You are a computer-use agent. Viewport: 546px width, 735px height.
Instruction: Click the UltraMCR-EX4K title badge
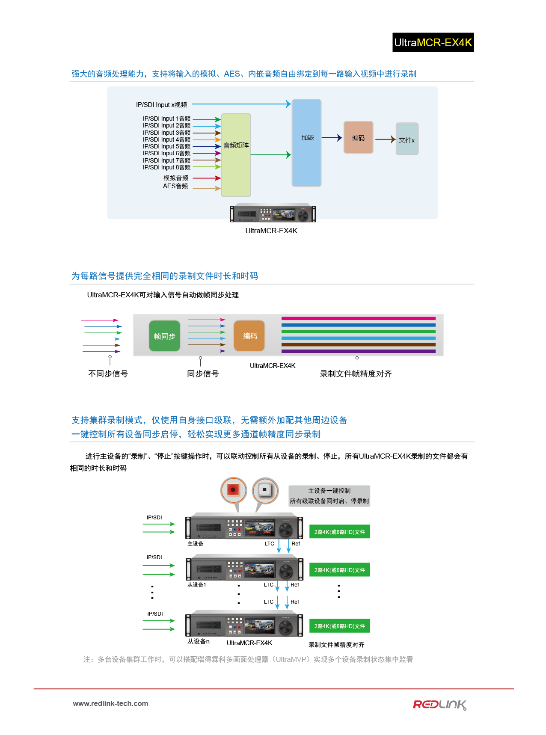[x=433, y=42]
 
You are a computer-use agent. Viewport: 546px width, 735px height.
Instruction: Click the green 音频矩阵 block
[x=236, y=155]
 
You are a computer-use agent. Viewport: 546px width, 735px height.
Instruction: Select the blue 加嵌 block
[x=306, y=143]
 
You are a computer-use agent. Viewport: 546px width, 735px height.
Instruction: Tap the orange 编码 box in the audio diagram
[x=358, y=137]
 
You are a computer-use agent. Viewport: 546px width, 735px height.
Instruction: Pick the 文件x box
[x=407, y=139]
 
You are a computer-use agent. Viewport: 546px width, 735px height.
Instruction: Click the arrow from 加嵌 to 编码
[x=332, y=138]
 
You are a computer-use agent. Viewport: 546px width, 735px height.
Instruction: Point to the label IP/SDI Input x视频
[x=161, y=105]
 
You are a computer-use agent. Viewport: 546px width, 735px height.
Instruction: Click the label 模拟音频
[x=175, y=178]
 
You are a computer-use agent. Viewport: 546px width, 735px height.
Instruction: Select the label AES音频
[x=175, y=186]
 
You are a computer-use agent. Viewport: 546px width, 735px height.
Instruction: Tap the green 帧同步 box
[x=165, y=336]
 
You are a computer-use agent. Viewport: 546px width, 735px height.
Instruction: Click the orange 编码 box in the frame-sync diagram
[x=249, y=336]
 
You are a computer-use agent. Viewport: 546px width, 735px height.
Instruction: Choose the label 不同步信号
[x=108, y=374]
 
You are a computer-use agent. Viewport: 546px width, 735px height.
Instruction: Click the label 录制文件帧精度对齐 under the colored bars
[x=356, y=374]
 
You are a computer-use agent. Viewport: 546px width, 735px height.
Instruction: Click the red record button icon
[x=233, y=490]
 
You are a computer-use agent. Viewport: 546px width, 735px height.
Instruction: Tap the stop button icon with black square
[x=265, y=490]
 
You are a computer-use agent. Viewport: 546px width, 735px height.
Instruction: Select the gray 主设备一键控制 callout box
[x=329, y=496]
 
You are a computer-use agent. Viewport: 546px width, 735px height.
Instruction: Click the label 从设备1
[x=197, y=585]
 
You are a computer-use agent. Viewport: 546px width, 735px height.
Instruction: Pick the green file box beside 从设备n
[x=339, y=626]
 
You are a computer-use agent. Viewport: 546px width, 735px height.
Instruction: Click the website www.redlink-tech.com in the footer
[x=110, y=704]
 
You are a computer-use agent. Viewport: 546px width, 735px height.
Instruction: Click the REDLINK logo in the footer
[x=439, y=705]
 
